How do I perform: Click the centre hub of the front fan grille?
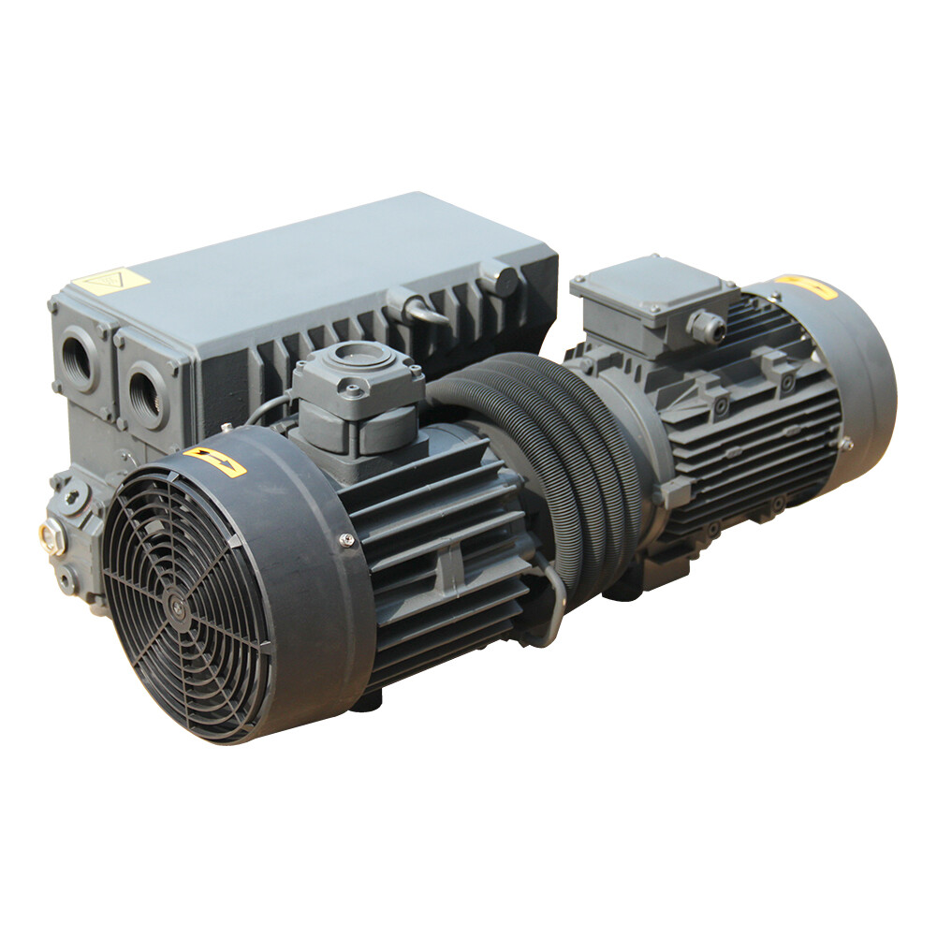(175, 606)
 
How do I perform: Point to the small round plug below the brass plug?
(65, 580)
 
